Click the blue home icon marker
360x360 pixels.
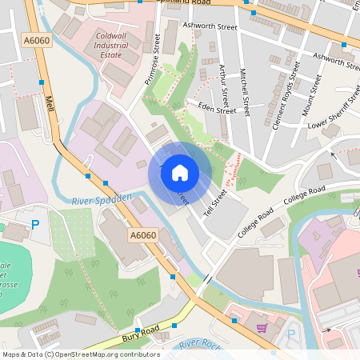[180, 172]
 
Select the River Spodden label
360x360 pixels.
[101, 198]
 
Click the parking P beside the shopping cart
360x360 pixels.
[290, 334]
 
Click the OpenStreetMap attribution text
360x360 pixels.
[81, 354]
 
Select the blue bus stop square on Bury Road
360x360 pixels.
[138, 330]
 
